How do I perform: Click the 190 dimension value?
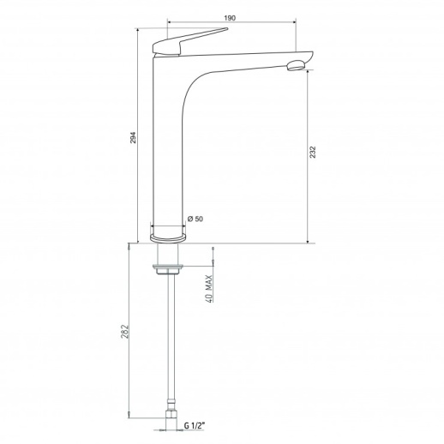pyautogui.click(x=230, y=18)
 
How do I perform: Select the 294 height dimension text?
pyautogui.click(x=134, y=137)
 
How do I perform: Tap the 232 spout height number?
pyautogui.click(x=313, y=152)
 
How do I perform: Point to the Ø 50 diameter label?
pyautogui.click(x=195, y=219)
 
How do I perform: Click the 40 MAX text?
pyautogui.click(x=209, y=289)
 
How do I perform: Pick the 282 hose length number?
pyautogui.click(x=124, y=332)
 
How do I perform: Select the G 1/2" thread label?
pyautogui.click(x=195, y=426)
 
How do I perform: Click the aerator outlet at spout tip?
pyautogui.click(x=296, y=65)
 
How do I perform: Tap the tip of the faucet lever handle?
pyautogui.click(x=227, y=28)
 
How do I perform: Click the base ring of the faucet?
pyautogui.click(x=168, y=237)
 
